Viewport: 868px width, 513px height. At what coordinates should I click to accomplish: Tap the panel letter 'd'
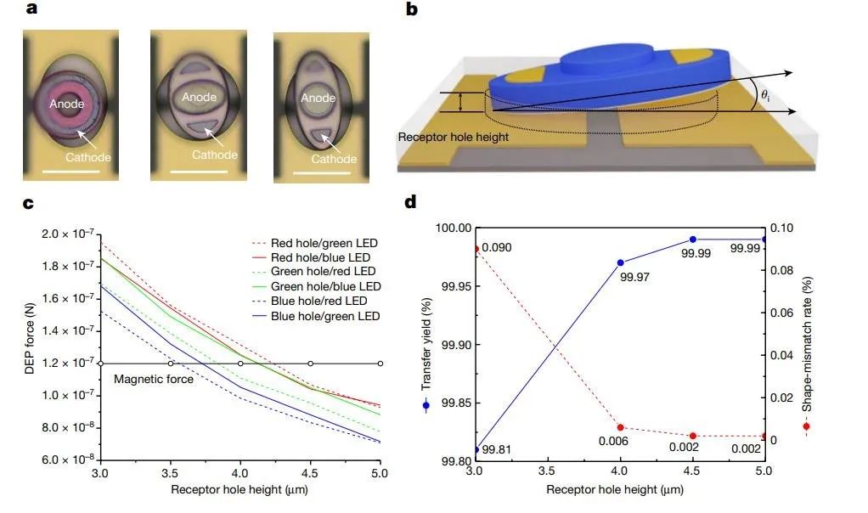click(412, 203)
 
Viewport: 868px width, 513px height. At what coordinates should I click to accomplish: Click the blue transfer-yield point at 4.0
click(620, 263)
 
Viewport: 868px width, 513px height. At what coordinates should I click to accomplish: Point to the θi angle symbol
click(766, 98)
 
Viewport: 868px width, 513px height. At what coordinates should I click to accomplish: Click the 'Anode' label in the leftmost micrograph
click(66, 104)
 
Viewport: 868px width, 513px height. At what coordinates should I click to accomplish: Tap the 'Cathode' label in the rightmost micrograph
click(333, 160)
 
